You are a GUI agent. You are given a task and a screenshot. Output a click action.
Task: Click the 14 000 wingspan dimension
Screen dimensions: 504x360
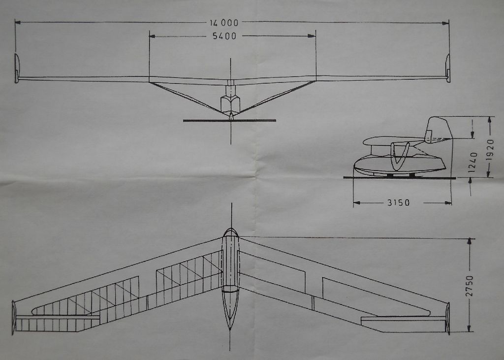point(224,23)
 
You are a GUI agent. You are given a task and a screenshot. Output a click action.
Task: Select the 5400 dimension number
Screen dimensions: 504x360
point(224,36)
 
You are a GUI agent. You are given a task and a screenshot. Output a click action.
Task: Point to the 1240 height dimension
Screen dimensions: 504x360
point(473,161)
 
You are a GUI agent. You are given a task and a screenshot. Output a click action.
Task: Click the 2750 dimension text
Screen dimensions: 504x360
point(469,285)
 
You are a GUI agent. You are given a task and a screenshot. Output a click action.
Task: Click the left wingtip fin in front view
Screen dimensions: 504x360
point(17,68)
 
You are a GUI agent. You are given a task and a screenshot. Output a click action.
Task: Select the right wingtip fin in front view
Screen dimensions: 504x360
point(447,68)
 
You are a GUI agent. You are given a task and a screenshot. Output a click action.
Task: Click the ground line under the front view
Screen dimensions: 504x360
point(229,120)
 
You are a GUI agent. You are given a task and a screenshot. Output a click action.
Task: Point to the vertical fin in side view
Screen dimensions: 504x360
point(439,129)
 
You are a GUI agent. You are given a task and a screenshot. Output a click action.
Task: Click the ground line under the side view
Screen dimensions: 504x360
point(399,177)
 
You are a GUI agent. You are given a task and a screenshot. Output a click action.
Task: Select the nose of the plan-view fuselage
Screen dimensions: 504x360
point(230,231)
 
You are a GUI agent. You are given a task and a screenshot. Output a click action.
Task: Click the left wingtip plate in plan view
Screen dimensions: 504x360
point(14,318)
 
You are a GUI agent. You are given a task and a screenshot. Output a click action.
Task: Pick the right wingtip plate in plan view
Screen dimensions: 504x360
point(448,318)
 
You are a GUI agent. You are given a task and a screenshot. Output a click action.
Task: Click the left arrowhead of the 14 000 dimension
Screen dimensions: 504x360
point(17,22)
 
